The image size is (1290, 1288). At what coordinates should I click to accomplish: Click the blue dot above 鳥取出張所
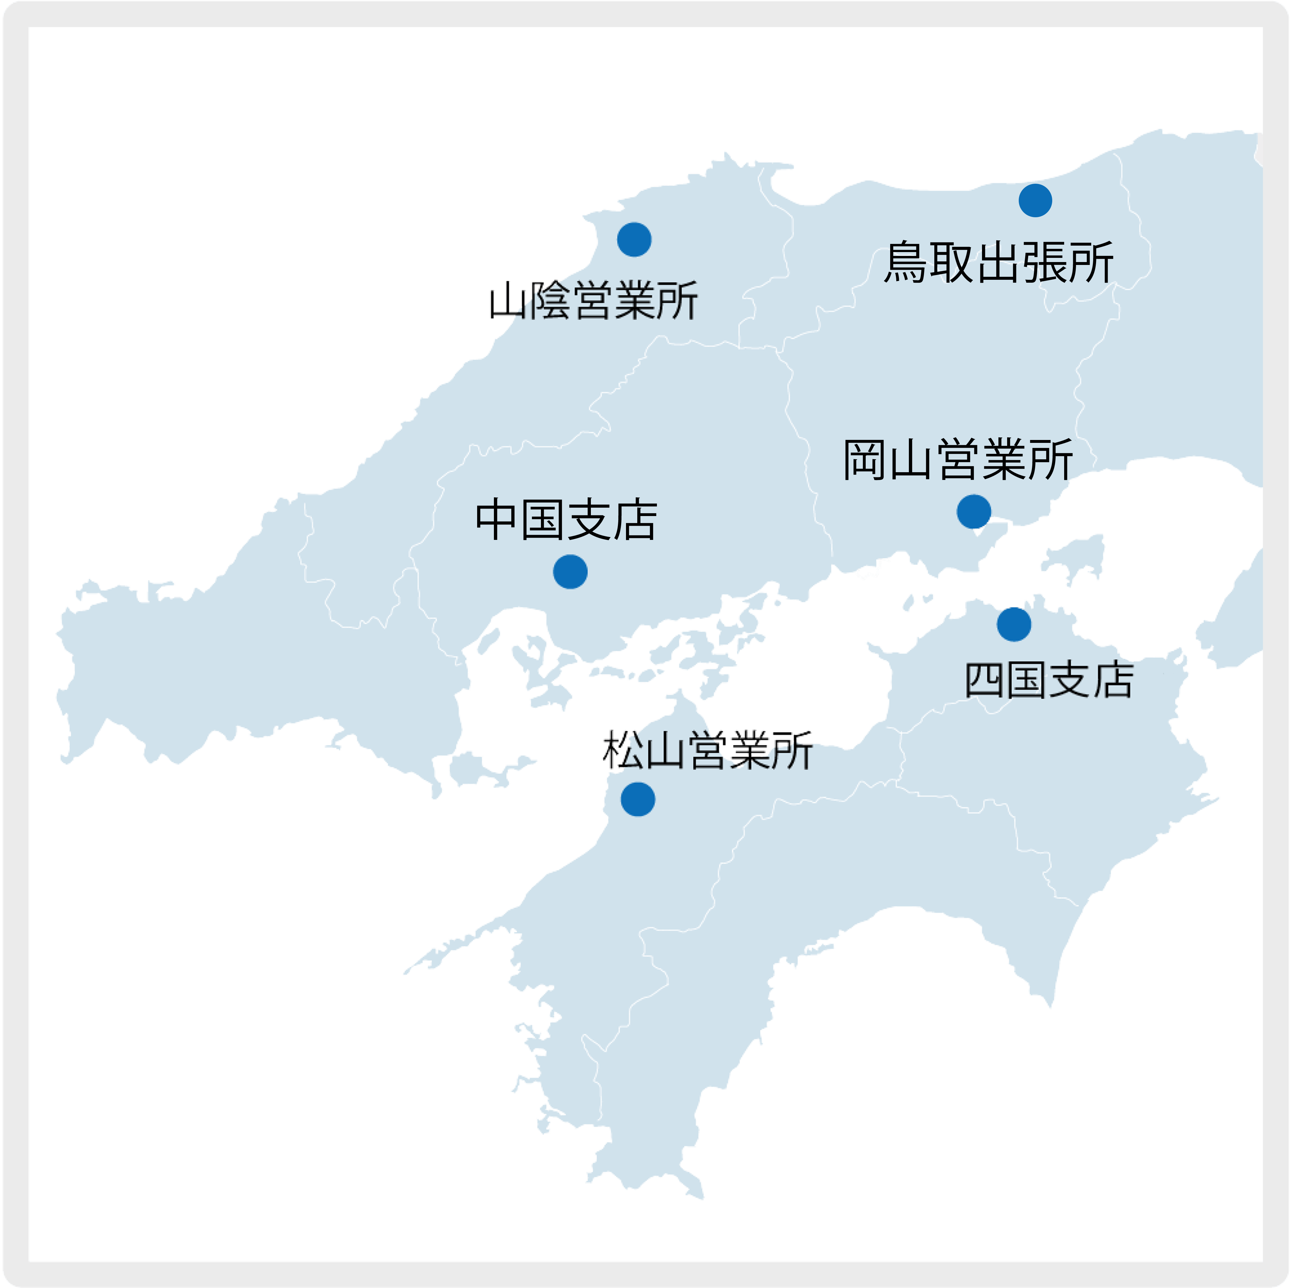[1035, 200]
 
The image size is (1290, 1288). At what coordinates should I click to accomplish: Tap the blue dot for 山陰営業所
[634, 239]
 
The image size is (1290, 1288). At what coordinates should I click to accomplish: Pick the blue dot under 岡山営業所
[974, 512]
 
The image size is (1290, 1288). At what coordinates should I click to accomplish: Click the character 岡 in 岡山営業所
[865, 460]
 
